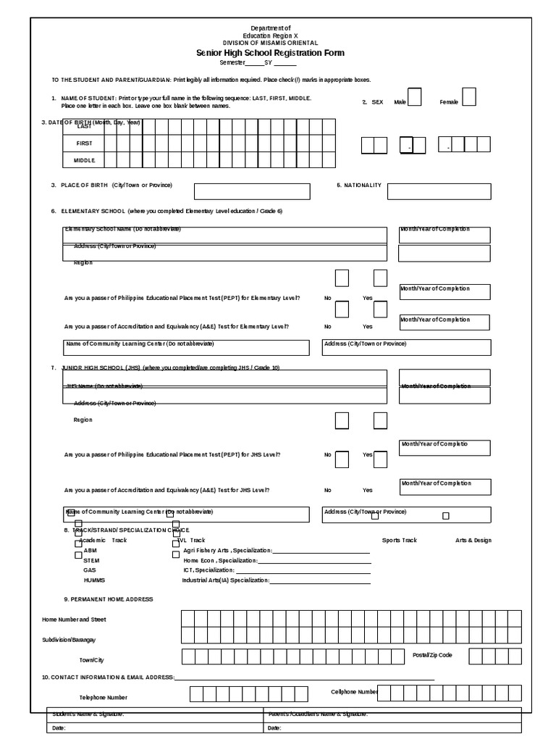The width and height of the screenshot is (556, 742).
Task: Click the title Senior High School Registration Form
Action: click(x=270, y=53)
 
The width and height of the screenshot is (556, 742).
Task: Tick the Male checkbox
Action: click(x=414, y=97)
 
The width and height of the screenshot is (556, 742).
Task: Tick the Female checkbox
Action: click(x=469, y=96)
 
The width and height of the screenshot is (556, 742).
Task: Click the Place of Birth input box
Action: click(x=252, y=191)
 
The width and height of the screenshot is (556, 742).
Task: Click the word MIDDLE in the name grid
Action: click(x=84, y=160)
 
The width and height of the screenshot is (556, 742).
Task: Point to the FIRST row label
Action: click(x=84, y=143)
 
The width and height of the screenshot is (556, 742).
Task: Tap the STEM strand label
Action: click(x=91, y=560)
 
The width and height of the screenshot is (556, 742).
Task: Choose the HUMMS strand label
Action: click(x=94, y=580)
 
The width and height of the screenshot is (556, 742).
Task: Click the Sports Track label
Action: click(x=400, y=540)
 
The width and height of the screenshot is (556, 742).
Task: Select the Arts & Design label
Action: click(x=473, y=540)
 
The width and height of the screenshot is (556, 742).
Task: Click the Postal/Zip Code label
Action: click(x=432, y=654)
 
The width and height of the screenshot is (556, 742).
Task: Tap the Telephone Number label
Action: click(x=104, y=697)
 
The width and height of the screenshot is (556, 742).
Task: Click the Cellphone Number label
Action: click(x=354, y=691)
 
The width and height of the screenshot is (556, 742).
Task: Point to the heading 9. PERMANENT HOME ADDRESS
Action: click(x=109, y=599)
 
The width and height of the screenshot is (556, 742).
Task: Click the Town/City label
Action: click(x=92, y=660)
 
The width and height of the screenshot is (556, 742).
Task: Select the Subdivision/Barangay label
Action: click(x=69, y=640)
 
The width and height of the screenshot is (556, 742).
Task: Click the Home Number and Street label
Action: click(x=74, y=620)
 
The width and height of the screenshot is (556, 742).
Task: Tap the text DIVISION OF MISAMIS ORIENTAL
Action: click(x=270, y=43)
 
